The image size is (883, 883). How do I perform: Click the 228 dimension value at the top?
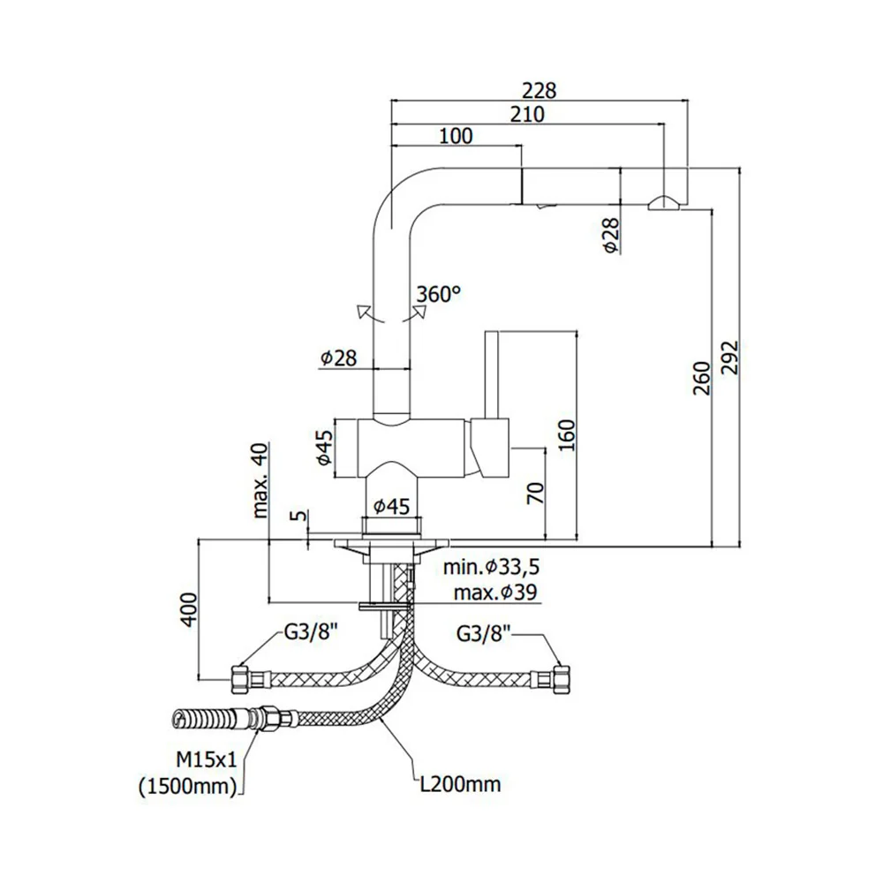pos(539,91)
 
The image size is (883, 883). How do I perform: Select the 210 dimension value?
pos(528,114)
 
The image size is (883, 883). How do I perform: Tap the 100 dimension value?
pos(456,136)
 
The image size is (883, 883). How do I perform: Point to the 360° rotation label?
pos(439,294)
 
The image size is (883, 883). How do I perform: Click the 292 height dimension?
pos(730,357)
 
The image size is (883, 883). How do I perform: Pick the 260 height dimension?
pos(702,378)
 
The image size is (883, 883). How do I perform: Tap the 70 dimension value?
pos(536,494)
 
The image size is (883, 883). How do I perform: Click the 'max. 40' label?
pos(260,479)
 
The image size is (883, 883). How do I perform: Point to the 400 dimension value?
pos(189,609)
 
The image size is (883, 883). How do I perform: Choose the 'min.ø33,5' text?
pos(491,567)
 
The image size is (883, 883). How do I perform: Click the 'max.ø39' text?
pos(495,592)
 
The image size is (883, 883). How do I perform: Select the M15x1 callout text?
pos(207,759)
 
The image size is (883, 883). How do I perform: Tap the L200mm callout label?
pos(461,783)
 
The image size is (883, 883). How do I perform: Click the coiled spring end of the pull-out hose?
pos(200,719)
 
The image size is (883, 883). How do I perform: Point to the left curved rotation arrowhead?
pos(363,312)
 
